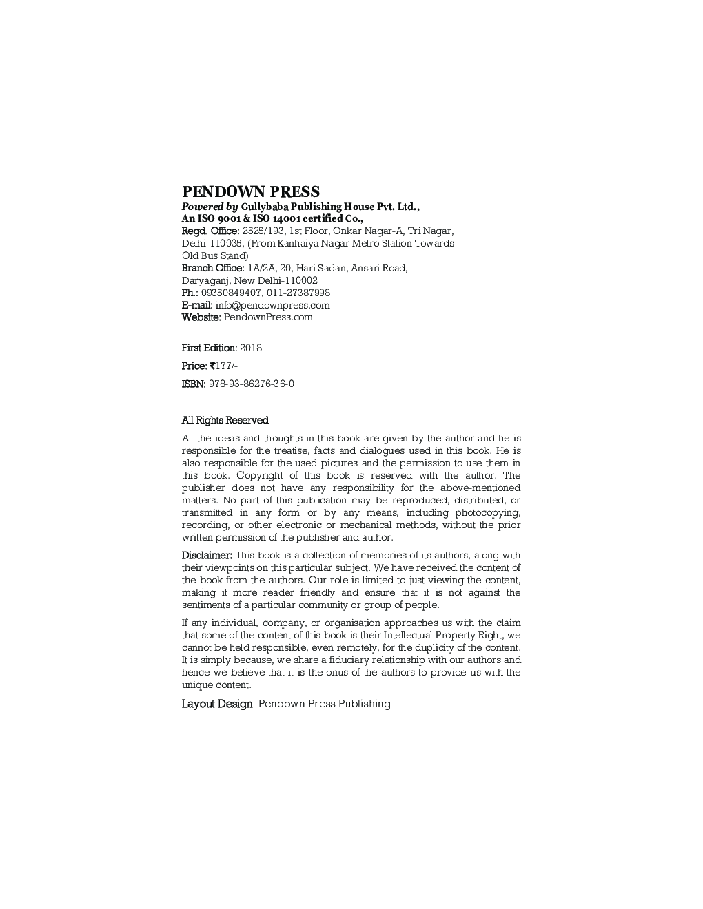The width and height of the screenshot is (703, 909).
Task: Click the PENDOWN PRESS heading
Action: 250,192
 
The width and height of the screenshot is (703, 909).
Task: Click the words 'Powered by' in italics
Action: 210,207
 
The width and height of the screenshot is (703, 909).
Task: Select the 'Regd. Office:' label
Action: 210,231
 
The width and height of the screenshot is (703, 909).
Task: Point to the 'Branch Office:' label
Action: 212,269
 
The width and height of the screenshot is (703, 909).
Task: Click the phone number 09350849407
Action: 231,293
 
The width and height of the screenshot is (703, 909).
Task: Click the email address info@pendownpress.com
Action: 272,306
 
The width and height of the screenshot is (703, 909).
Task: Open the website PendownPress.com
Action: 267,317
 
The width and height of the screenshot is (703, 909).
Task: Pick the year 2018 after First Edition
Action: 251,348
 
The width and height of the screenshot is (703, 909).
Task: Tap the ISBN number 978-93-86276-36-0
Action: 251,384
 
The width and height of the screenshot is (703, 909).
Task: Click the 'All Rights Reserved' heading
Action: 225,421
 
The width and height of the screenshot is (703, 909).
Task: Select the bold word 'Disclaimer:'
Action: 207,556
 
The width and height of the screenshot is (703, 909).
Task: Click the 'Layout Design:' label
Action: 218,704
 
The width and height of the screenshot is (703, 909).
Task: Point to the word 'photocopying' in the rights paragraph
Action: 487,513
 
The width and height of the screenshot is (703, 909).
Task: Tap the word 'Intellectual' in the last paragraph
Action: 411,636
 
